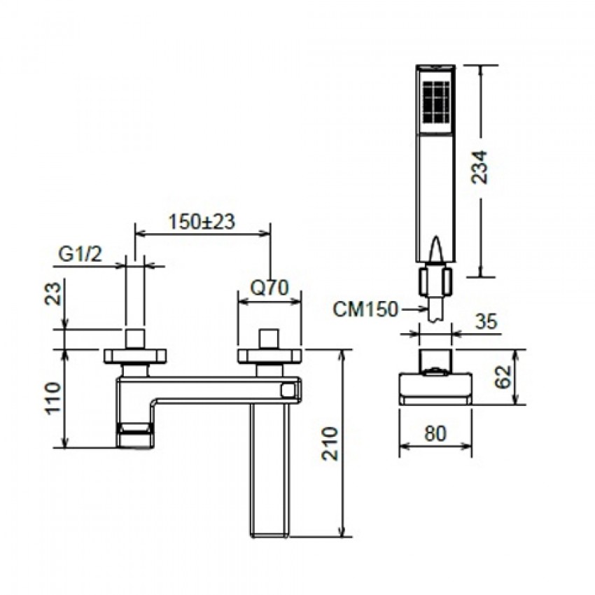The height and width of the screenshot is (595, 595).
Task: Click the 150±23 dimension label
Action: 202,222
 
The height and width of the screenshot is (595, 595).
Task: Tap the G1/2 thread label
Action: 80,254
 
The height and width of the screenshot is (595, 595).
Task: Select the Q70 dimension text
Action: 269,288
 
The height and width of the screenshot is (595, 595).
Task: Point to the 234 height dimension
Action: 479,167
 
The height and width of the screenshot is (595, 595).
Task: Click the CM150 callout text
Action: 365,309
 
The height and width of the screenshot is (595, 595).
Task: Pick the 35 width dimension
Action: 486,322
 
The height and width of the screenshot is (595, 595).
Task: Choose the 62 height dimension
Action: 503,377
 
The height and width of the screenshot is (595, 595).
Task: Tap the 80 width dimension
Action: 435,433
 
